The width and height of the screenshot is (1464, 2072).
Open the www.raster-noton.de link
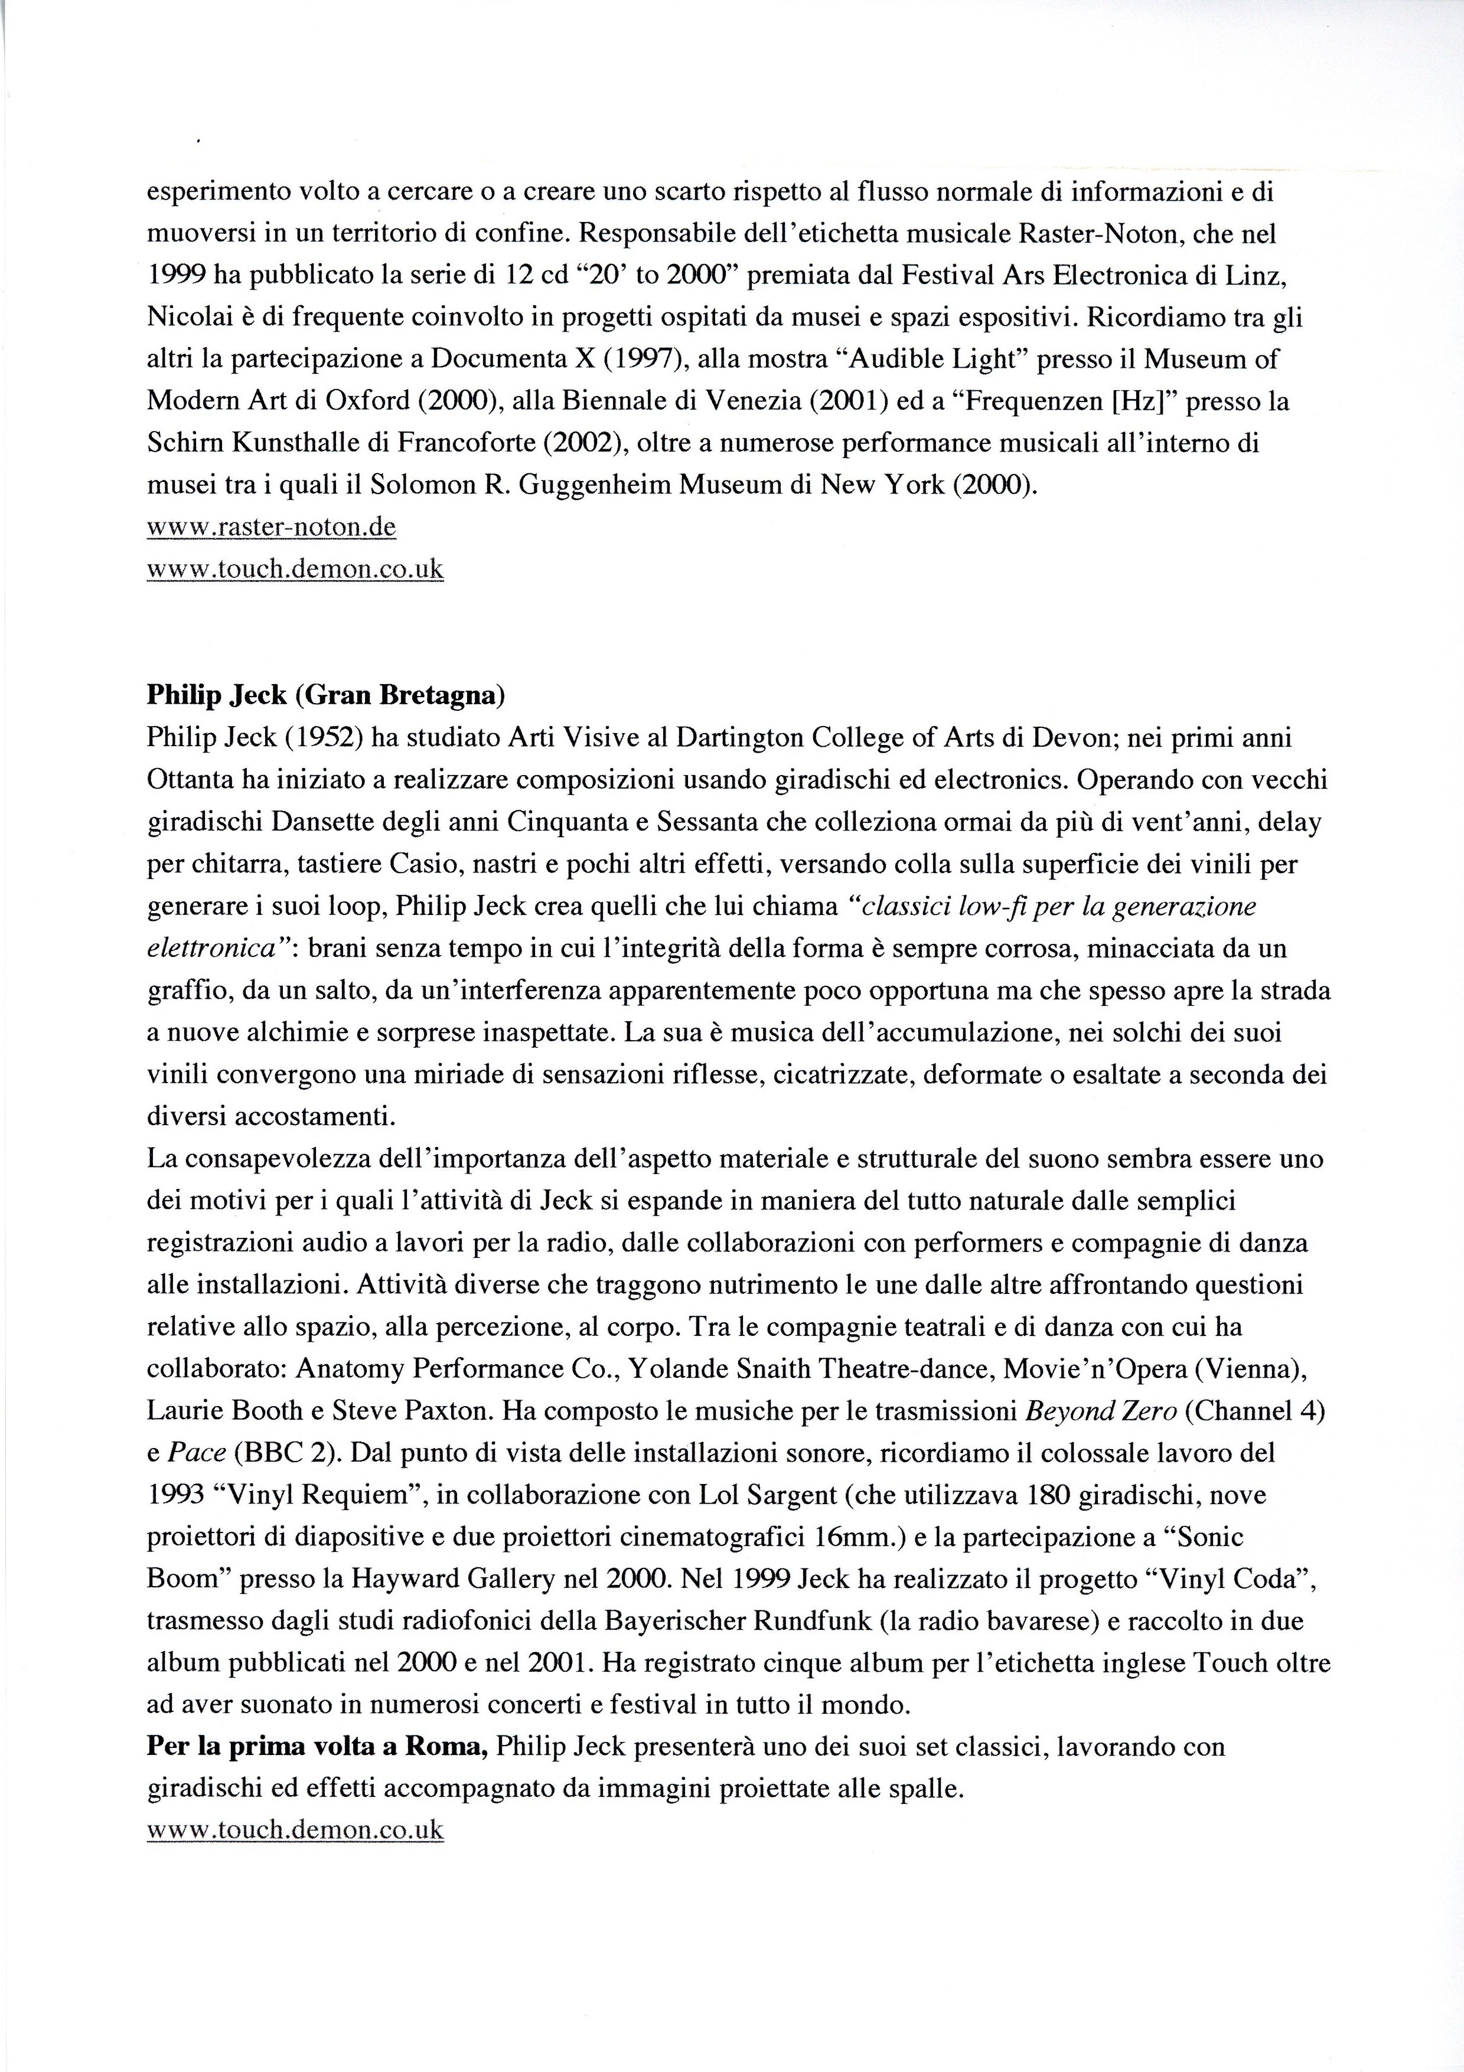[x=271, y=527]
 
